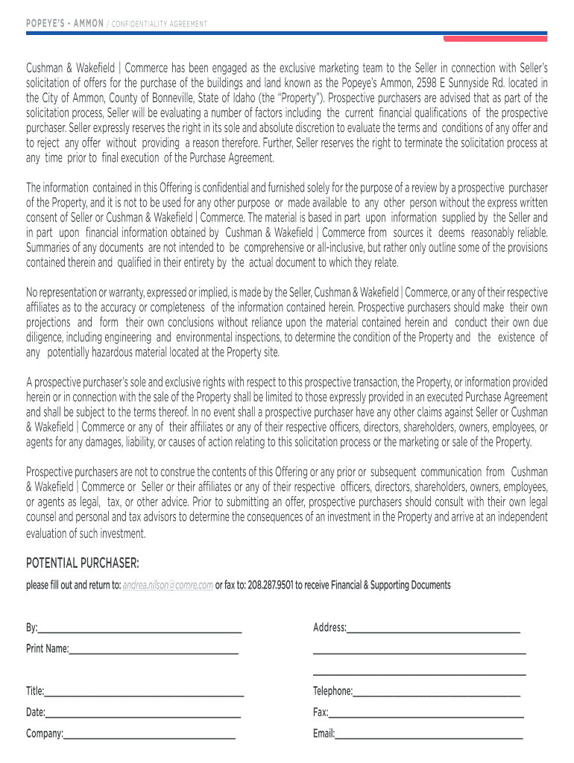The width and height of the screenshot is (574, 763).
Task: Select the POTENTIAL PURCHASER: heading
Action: coord(83,560)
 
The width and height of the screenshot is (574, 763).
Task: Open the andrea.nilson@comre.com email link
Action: coord(168,585)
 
